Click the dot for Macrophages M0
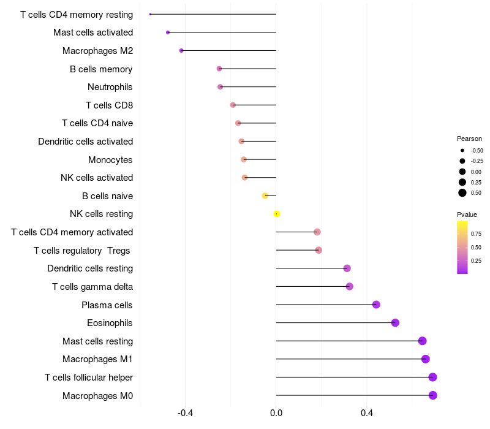(432, 395)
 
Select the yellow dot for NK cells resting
(277, 214)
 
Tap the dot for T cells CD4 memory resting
(150, 14)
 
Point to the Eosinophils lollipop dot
(395, 323)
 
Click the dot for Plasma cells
(376, 305)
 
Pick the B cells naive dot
(265, 196)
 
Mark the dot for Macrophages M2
(181, 50)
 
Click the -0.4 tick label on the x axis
(185, 414)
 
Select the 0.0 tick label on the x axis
(276, 414)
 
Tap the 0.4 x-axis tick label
(367, 414)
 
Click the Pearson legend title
(469, 139)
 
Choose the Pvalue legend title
(467, 214)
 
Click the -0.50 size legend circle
(462, 150)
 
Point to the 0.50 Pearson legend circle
(462, 192)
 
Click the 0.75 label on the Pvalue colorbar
(476, 233)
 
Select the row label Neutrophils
(110, 87)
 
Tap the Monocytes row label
(110, 160)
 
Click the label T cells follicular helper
(89, 378)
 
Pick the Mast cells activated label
(93, 32)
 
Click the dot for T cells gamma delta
(349, 286)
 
